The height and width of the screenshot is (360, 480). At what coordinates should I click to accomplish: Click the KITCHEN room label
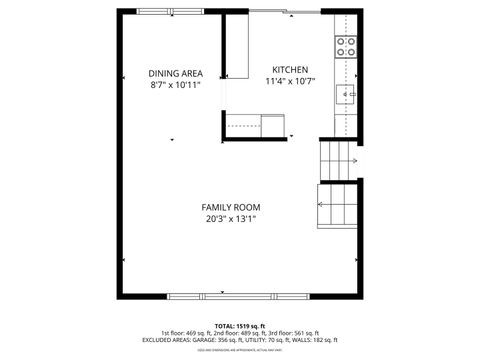point(290,70)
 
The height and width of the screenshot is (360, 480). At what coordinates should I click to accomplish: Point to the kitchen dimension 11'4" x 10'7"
point(291,82)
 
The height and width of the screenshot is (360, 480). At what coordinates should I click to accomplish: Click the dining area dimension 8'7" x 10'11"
point(175,85)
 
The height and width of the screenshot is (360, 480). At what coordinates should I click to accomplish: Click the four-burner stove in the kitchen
point(345,46)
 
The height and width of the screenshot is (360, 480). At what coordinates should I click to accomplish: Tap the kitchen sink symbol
point(345,95)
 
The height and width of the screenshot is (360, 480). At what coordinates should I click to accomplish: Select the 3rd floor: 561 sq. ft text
point(293,333)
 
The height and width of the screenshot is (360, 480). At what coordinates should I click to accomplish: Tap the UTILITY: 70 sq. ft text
point(274,340)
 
